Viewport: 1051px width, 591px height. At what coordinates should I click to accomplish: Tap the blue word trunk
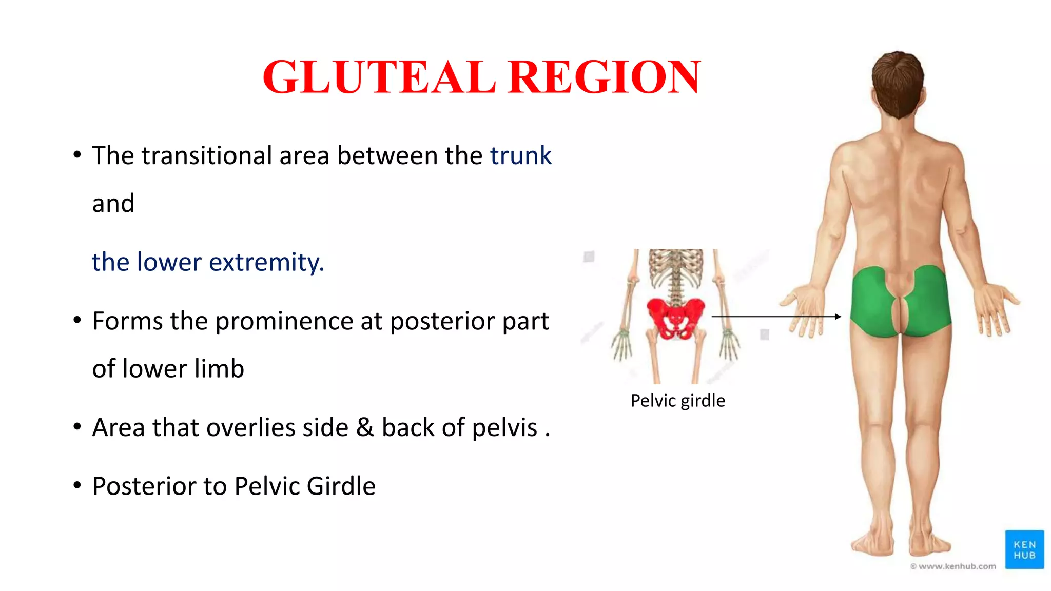coord(520,155)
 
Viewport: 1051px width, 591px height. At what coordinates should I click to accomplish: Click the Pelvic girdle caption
coord(677,401)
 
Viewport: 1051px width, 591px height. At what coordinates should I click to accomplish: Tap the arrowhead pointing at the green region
coord(838,317)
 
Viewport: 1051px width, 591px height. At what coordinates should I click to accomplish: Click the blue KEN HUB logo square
coord(1024,549)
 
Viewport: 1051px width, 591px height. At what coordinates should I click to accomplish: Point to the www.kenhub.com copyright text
coord(953,566)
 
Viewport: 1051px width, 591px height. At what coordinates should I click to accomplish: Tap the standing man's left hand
coord(803,310)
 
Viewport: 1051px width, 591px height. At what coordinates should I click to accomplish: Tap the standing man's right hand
coord(996,310)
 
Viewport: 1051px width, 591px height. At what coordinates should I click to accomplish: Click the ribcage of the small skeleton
coord(675,267)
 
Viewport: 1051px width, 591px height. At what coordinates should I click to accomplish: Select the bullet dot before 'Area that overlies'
coord(77,427)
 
